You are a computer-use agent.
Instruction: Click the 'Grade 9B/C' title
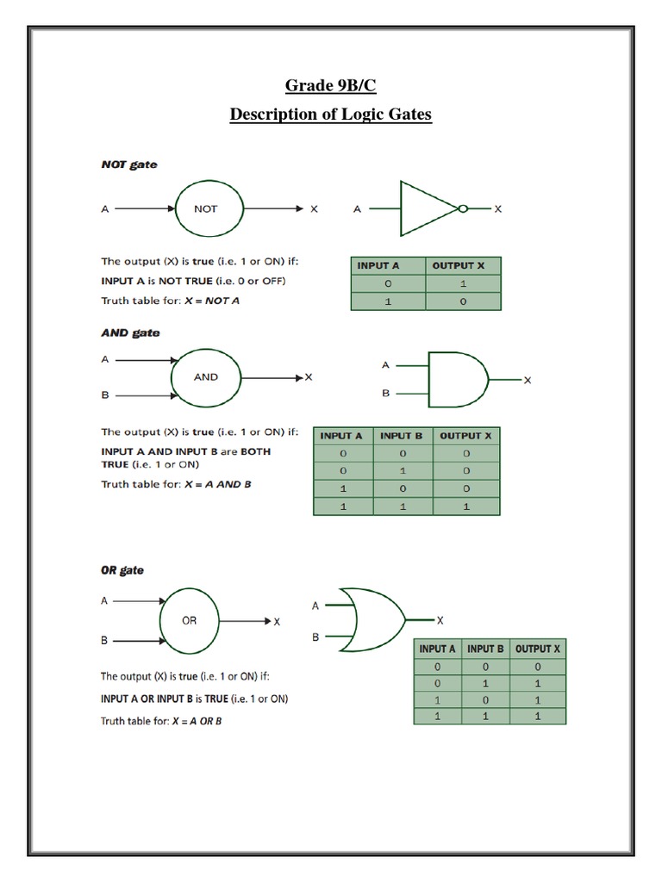330,85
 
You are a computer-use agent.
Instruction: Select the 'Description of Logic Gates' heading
330,115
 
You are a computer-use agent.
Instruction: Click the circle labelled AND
205,376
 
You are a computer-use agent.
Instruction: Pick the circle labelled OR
189,620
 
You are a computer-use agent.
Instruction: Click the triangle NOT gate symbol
427,208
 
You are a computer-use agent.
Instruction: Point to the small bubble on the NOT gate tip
464,208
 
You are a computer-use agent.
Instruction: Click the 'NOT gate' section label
129,165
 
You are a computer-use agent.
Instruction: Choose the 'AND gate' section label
130,332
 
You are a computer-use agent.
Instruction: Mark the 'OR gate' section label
122,570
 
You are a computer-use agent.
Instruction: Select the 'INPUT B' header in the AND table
403,436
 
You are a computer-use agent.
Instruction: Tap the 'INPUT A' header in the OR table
438,649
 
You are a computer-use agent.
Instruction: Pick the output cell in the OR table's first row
538,667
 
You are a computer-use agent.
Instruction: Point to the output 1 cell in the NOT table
464,283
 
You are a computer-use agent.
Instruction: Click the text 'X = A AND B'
218,484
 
